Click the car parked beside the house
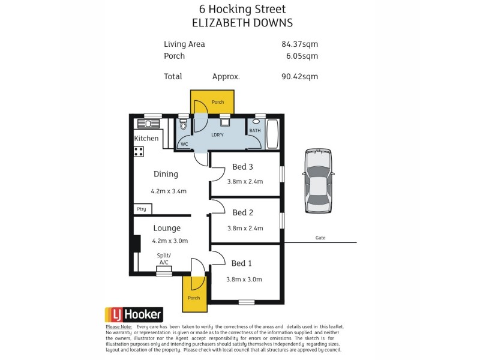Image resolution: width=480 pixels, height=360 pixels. pos(318,181)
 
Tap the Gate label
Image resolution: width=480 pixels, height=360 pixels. pos(320,238)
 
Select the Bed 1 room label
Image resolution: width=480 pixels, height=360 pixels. pos(242,263)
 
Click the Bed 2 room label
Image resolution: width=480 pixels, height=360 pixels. pos(242,212)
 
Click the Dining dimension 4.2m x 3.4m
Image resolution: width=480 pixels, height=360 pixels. pos(169,191)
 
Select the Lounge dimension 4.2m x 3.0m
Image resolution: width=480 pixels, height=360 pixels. pos(170,241)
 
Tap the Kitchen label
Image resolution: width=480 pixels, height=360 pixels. pos(146,139)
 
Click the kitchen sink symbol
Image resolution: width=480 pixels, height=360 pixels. pos(148,124)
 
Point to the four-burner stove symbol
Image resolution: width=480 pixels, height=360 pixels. pos(139,151)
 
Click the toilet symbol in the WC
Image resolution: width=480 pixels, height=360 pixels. pos(184,125)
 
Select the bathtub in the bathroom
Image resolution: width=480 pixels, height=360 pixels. pos(272,134)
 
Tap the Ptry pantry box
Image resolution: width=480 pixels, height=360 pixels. pos(142,209)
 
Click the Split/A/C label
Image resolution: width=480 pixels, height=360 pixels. pos(163,259)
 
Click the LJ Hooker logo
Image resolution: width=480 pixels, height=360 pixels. pos(134,314)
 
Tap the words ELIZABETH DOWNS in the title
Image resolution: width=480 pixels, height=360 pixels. pos(242,23)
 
